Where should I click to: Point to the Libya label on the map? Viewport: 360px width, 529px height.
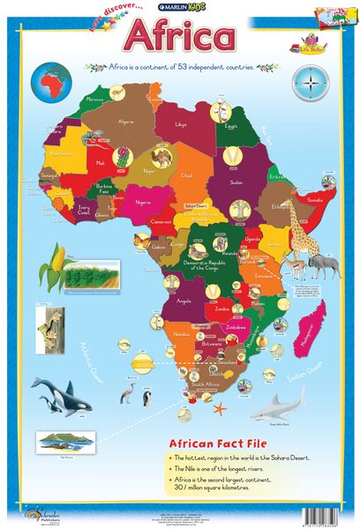182,125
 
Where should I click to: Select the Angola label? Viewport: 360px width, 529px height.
184,301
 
